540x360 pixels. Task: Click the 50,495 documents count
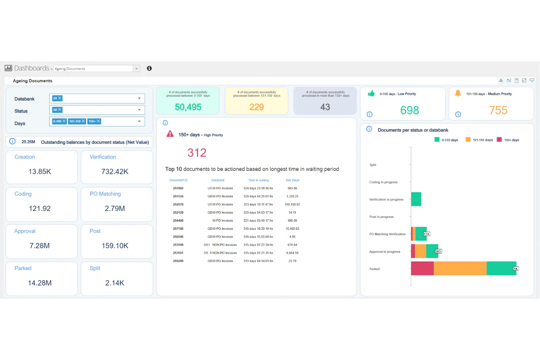tap(188, 107)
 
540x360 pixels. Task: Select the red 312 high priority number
tap(197, 152)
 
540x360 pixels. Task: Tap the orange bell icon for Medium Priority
tap(458, 93)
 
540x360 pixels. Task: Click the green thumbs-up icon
tap(371, 93)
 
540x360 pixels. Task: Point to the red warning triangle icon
tap(170, 134)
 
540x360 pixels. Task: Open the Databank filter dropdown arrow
tap(139, 98)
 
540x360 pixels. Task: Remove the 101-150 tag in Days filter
tap(83, 121)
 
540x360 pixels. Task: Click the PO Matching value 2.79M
tap(115, 209)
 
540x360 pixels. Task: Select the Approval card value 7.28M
tap(39, 246)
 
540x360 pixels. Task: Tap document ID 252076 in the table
tap(178, 205)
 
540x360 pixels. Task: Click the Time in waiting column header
tap(258, 180)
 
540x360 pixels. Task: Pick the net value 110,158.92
tap(292, 205)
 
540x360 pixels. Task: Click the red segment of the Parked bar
tap(422, 268)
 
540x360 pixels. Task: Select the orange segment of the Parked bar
tap(460, 268)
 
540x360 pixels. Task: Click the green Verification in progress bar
tap(416, 199)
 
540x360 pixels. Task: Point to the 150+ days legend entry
tap(508, 140)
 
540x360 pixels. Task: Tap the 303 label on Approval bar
tap(438, 251)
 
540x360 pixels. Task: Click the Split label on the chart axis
tap(373, 165)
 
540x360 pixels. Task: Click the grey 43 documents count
tap(325, 107)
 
